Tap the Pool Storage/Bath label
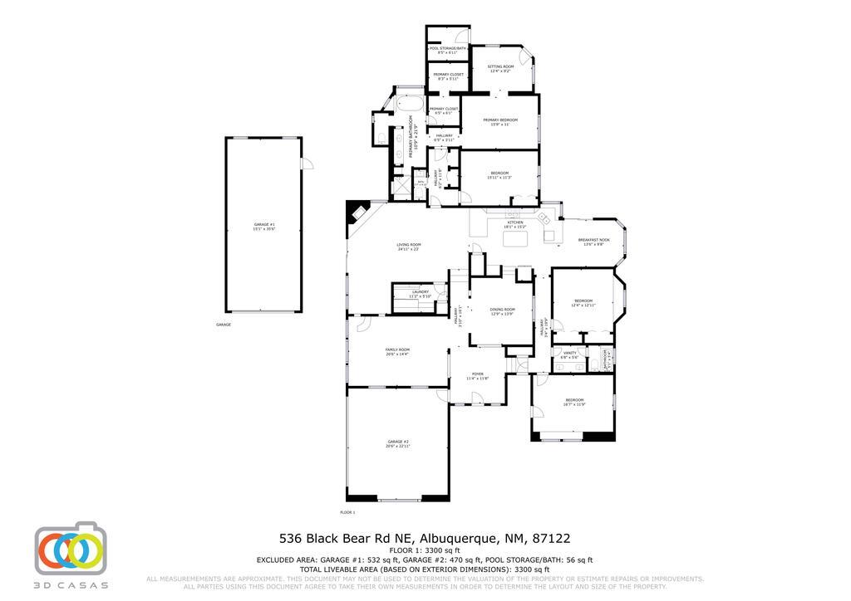click(447, 50)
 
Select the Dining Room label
click(502, 311)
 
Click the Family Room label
click(397, 351)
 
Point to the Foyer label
click(478, 375)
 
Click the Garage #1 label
click(264, 227)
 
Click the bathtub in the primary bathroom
click(409, 105)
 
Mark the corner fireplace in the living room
click(357, 213)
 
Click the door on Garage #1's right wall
click(306, 163)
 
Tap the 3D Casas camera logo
click(70, 550)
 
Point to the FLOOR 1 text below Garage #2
click(347, 513)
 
